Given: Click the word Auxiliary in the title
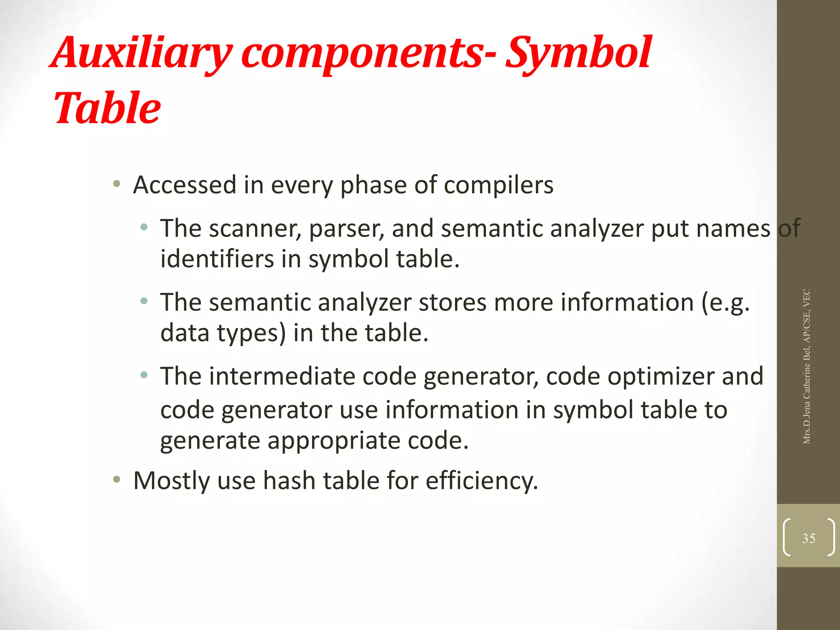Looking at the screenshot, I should click(x=142, y=53).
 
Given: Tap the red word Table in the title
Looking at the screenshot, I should click(x=107, y=107).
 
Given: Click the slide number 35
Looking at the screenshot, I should click(x=808, y=538).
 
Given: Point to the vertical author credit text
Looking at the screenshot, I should click(x=807, y=366).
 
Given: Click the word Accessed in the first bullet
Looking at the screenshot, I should click(x=185, y=185).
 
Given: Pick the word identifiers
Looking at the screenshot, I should click(x=217, y=259).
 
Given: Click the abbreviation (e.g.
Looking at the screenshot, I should click(x=725, y=303).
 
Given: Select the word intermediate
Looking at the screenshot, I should click(x=282, y=376).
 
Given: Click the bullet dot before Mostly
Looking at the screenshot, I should click(x=117, y=479).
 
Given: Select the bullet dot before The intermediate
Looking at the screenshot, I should click(x=144, y=374).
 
